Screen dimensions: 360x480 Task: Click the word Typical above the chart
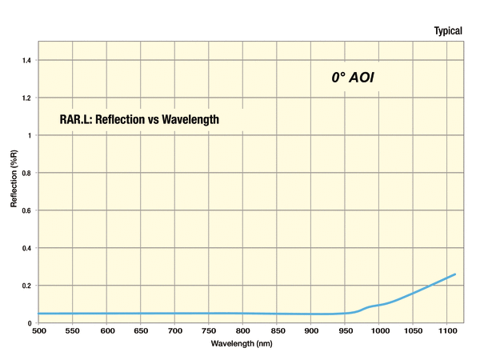(448, 30)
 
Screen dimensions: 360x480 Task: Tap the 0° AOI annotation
(353, 78)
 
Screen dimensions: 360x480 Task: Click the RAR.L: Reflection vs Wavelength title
(139, 119)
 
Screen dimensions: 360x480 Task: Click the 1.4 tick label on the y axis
(28, 60)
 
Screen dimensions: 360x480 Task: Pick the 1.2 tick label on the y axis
(28, 98)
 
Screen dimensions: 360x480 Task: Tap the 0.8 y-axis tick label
(28, 173)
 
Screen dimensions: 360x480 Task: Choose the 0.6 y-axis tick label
(28, 210)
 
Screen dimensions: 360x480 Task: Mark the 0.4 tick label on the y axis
(28, 248)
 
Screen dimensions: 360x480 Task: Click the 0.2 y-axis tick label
(28, 286)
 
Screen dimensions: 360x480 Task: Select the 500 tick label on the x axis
(38, 330)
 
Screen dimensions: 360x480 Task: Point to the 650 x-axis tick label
(141, 330)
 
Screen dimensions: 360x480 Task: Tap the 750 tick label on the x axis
(209, 330)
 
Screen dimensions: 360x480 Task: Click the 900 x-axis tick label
(311, 330)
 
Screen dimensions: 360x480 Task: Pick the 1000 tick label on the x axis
(379, 330)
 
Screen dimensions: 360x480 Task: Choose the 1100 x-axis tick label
(447, 330)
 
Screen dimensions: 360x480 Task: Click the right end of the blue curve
(455, 274)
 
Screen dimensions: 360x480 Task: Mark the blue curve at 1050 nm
(414, 294)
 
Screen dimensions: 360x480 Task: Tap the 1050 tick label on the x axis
(414, 330)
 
